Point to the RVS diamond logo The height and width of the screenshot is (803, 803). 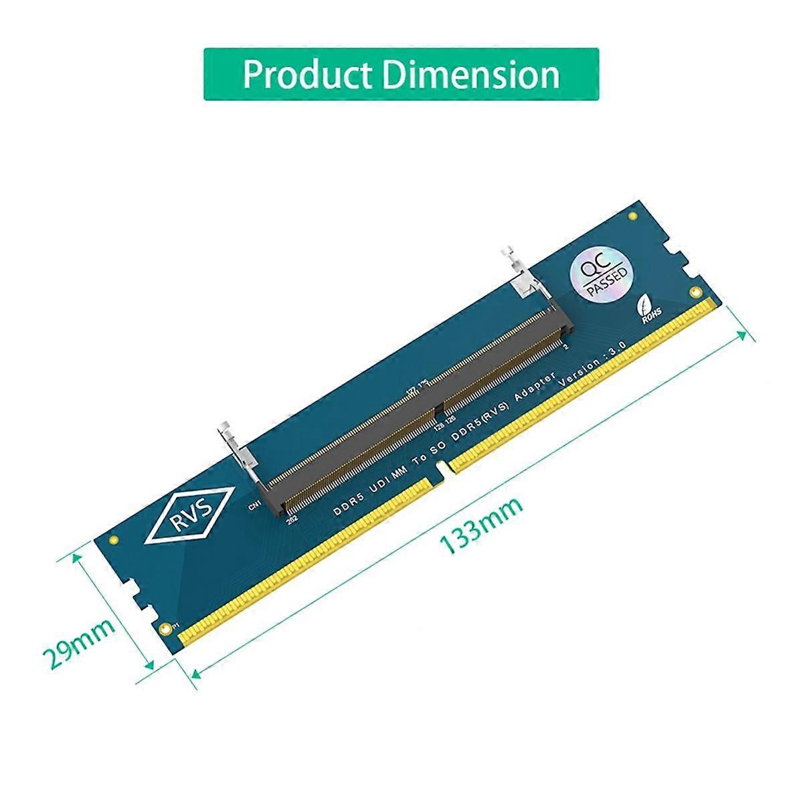click(x=189, y=515)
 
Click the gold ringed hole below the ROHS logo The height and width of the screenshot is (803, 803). click(x=697, y=292)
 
